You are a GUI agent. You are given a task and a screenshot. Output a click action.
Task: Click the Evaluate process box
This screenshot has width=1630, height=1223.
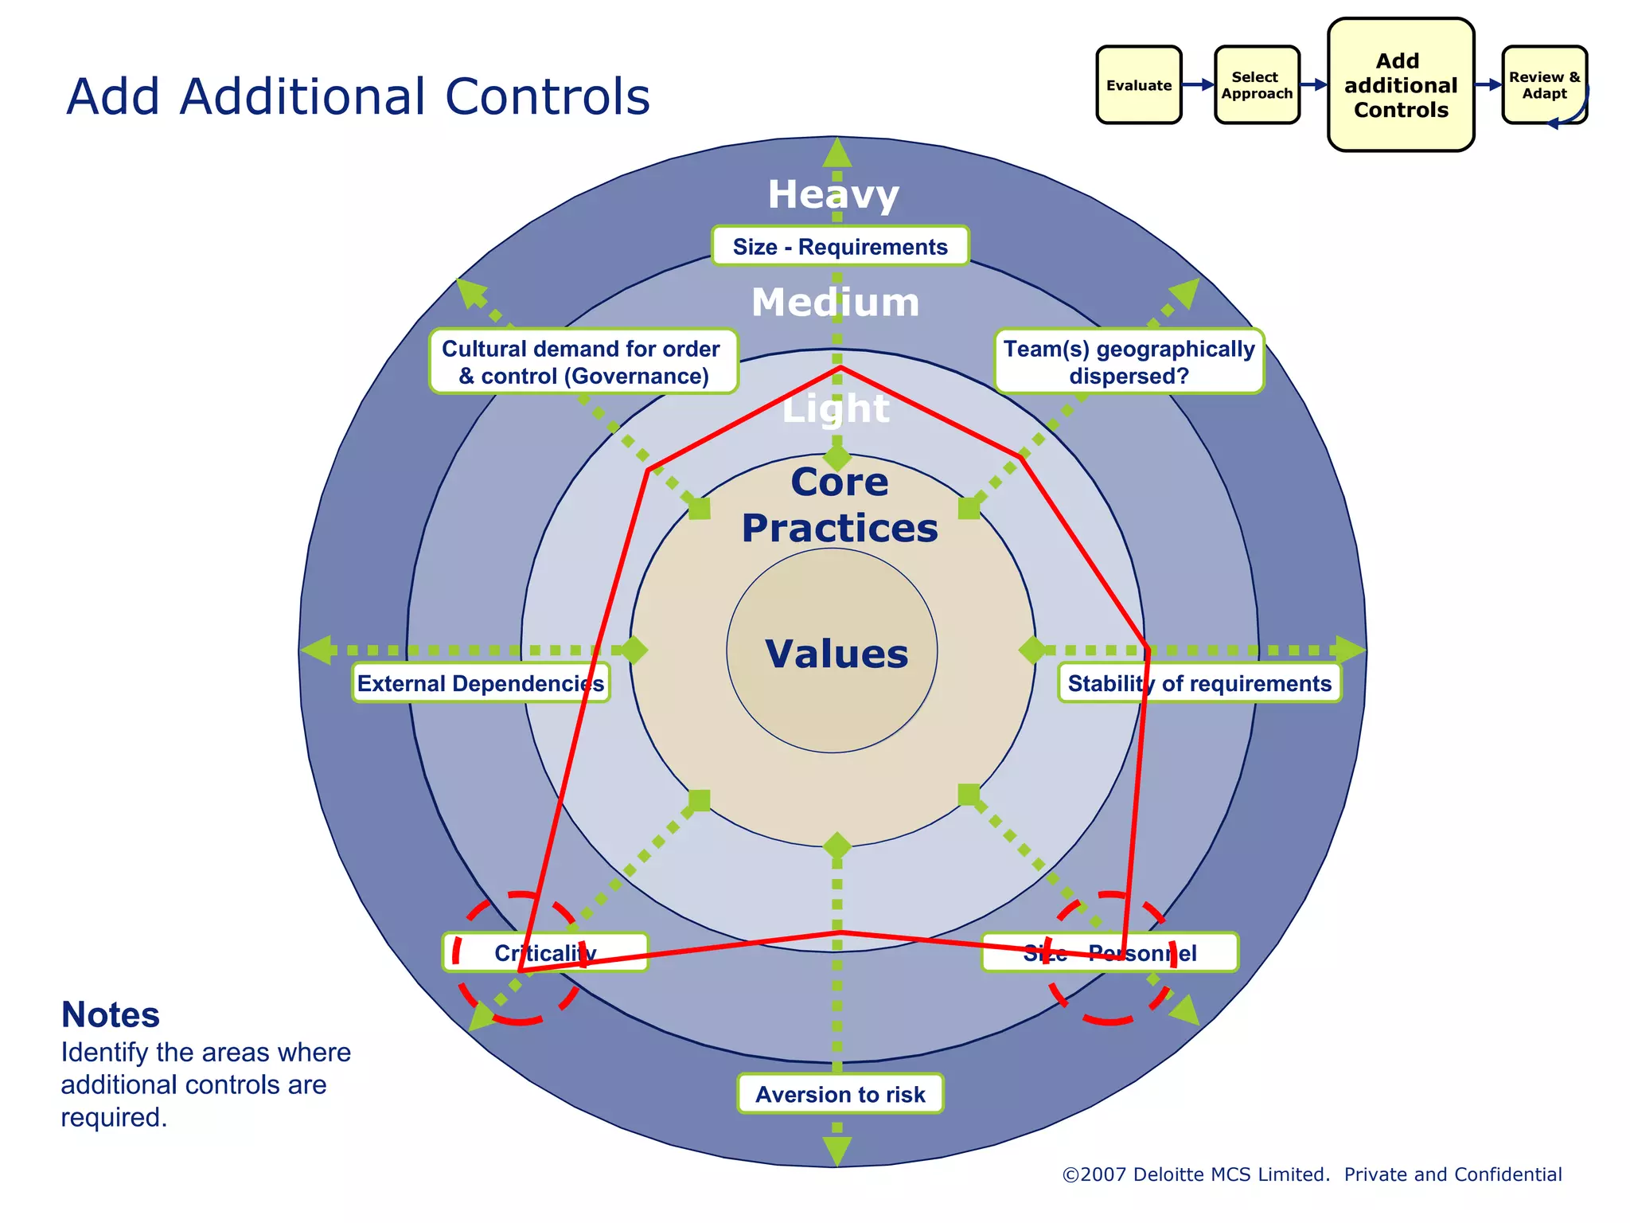[x=1138, y=85]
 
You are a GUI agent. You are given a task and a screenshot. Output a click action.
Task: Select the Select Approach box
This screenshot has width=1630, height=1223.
[x=1257, y=85]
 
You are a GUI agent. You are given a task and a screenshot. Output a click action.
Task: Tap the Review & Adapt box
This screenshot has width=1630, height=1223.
[x=1544, y=85]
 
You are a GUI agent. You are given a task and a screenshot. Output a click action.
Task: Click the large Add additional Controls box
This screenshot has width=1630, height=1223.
[x=1401, y=85]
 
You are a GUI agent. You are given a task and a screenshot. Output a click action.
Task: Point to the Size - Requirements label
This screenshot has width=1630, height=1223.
[x=840, y=247]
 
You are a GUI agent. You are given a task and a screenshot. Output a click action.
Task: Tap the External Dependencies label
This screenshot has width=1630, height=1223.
[x=480, y=683]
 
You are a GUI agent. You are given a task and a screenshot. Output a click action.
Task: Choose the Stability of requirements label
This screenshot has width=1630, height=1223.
[x=1199, y=683]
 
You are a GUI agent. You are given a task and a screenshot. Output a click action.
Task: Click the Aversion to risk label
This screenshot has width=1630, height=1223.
[x=840, y=1094]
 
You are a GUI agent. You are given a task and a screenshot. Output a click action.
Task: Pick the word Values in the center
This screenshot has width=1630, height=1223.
[x=836, y=654]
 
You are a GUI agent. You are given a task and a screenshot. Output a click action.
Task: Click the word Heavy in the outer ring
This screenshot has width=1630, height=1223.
[x=833, y=194]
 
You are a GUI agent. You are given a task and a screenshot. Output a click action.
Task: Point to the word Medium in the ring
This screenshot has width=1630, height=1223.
[x=835, y=303]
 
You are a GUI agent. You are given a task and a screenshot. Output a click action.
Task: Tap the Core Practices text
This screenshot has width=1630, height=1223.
[x=839, y=505]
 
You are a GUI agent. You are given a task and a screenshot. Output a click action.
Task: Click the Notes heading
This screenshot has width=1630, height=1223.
[x=111, y=1014]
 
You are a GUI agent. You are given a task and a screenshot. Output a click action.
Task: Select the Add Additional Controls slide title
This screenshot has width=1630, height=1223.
[x=357, y=96]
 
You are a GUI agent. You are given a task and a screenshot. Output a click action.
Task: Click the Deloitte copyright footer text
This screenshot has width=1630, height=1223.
[x=1312, y=1174]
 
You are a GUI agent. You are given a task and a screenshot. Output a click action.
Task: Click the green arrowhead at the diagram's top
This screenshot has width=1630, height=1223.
[x=836, y=152]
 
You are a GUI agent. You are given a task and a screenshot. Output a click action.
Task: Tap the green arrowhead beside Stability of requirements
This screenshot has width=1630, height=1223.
[x=1350, y=650]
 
